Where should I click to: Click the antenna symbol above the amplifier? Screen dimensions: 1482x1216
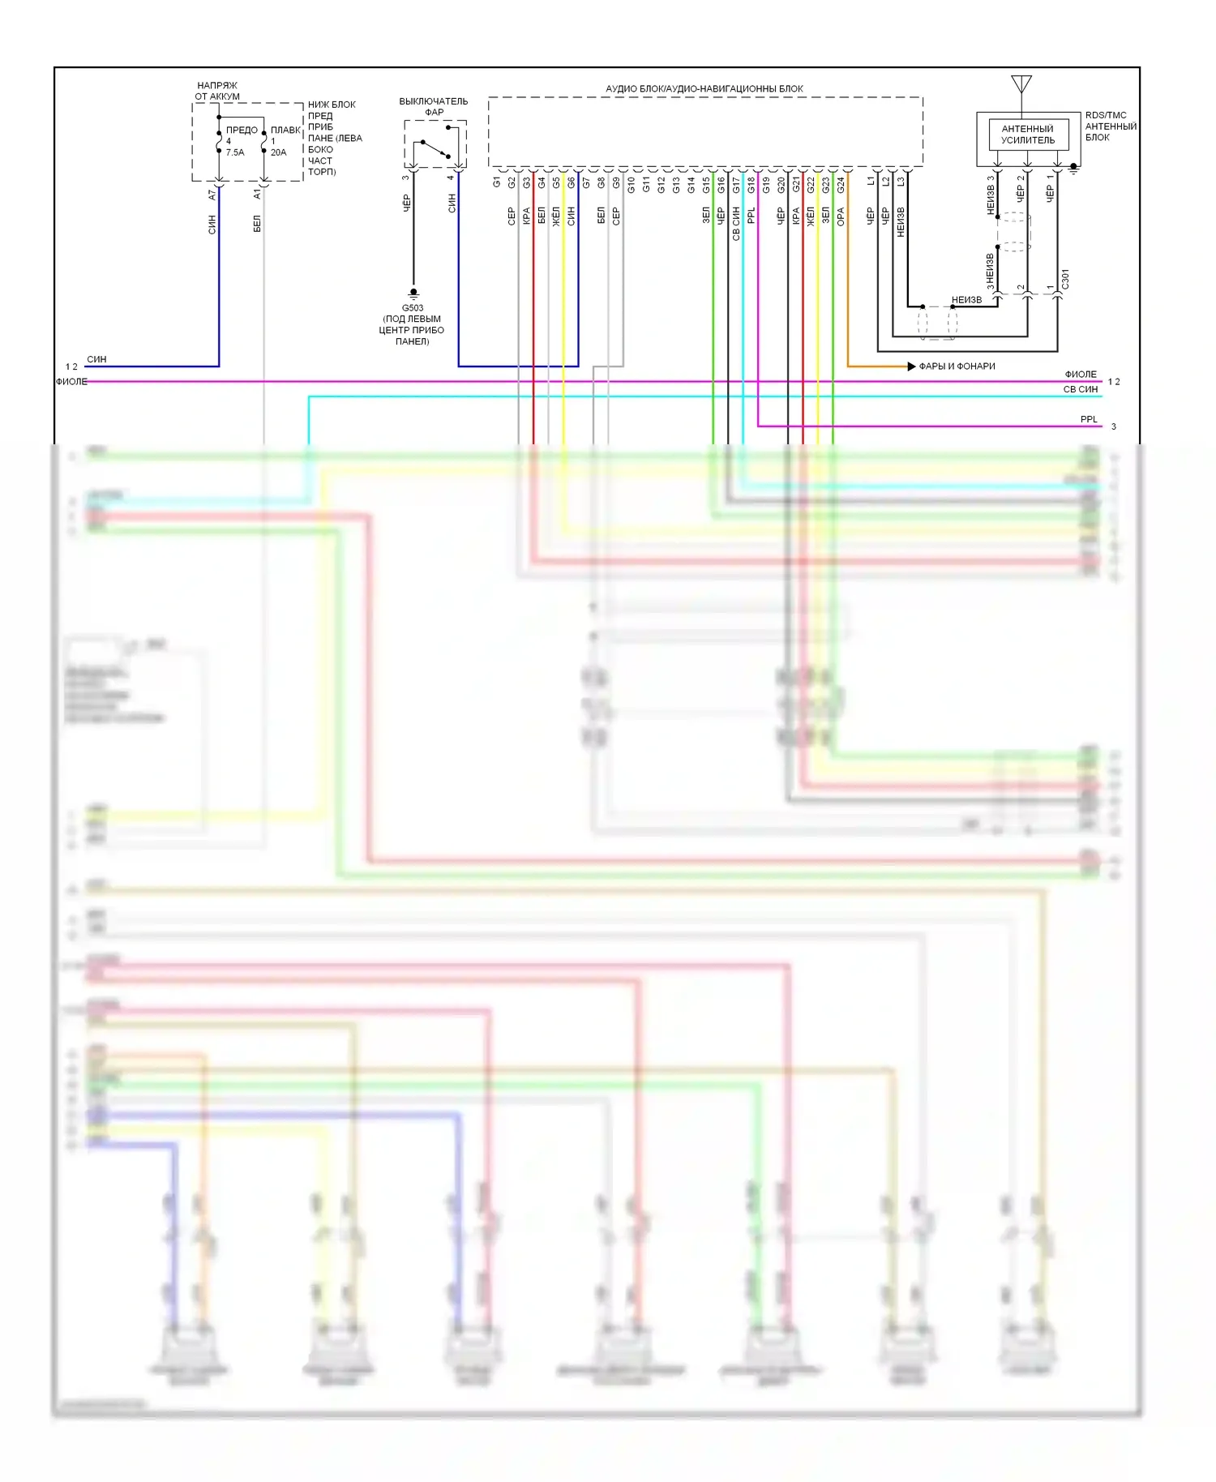click(1021, 84)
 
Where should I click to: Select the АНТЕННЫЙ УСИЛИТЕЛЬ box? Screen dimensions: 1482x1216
click(1027, 135)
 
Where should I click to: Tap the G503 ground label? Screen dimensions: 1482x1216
click(413, 308)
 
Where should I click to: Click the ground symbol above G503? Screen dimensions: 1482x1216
click(413, 293)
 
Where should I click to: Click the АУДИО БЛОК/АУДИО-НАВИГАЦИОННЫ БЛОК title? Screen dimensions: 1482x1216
click(704, 88)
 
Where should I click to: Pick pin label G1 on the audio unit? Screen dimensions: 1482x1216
click(497, 182)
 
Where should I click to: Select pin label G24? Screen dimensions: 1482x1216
click(841, 184)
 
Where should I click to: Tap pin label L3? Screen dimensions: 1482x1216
click(901, 182)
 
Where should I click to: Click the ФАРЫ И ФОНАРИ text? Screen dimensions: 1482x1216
click(957, 366)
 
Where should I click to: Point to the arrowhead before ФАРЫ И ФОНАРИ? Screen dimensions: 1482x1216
click(911, 366)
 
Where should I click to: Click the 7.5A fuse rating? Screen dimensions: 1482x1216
click(235, 152)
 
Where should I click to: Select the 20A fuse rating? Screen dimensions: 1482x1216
click(279, 152)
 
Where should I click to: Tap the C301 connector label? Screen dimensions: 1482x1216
click(1065, 280)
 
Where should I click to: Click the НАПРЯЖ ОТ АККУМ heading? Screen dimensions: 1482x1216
click(217, 91)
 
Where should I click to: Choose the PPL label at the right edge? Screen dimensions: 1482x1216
click(1089, 419)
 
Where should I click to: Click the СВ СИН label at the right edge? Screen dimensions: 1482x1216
click(1081, 389)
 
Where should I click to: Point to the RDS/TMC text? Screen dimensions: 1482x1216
click(1106, 115)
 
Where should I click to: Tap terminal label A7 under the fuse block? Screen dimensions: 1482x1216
click(212, 195)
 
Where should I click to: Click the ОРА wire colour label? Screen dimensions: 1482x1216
click(841, 216)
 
